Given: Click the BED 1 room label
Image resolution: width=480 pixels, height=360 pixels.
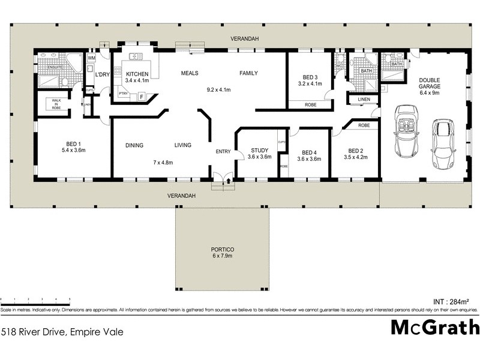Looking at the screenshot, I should (73, 144).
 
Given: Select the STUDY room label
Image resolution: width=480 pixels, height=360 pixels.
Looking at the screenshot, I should (260, 151).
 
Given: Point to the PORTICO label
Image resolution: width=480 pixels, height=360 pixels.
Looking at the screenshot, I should (222, 249).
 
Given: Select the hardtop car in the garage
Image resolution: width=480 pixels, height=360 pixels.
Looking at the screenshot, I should (444, 137).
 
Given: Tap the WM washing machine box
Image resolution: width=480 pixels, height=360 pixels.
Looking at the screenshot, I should (92, 58).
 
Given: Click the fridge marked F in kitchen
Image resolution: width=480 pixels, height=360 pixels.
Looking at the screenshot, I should (142, 97).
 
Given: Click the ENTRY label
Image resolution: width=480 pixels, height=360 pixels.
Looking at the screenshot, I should (223, 151).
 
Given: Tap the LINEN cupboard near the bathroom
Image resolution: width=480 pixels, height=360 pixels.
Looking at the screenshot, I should (364, 99).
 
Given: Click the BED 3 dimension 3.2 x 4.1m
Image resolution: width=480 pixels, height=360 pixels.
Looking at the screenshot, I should (310, 83).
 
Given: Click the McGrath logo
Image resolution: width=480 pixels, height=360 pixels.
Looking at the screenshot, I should (435, 327).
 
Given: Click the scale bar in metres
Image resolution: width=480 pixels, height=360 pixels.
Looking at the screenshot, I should (36, 299).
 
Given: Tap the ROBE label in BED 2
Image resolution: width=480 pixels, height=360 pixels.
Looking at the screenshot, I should (364, 125).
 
